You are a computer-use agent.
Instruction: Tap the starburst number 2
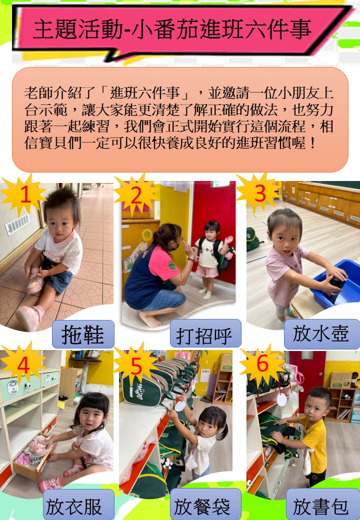coord(136,195)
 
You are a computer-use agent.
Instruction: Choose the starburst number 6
coord(262,364)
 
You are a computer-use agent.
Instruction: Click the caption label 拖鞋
coord(83,334)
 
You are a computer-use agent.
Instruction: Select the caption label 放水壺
coord(321,333)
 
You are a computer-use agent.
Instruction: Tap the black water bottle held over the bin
coord(337,284)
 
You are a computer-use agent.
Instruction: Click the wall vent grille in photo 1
coord(17,224)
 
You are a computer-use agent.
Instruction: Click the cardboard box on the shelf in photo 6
coord(341,379)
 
